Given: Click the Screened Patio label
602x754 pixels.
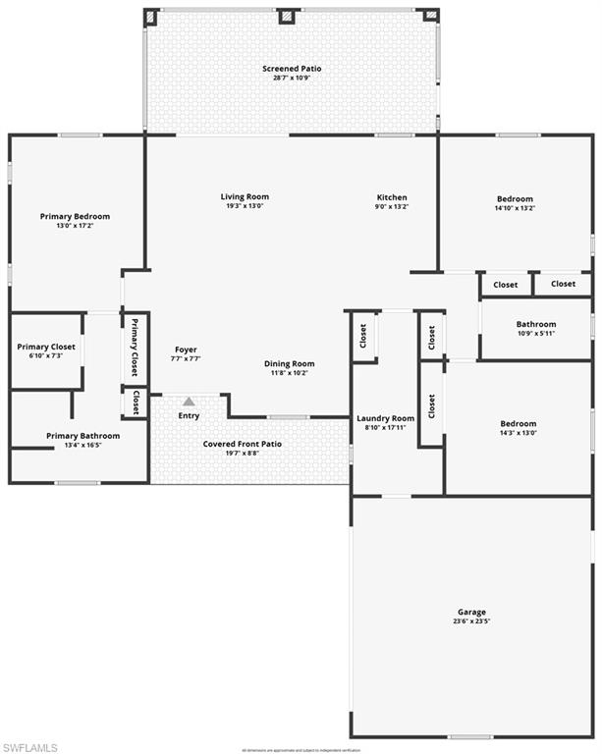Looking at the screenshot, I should pyautogui.click(x=292, y=69).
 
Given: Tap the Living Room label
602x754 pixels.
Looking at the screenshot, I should pyautogui.click(x=245, y=197).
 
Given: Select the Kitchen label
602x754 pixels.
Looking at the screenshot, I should pyautogui.click(x=392, y=197).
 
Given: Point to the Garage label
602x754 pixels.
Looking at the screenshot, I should pyautogui.click(x=471, y=612).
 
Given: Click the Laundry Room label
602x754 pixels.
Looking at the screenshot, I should pyautogui.click(x=385, y=418).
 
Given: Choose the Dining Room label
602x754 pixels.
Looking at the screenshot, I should pyautogui.click(x=290, y=364).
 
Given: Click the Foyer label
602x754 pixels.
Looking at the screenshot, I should pyautogui.click(x=186, y=350).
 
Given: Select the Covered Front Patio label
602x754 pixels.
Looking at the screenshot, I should pyautogui.click(x=243, y=444).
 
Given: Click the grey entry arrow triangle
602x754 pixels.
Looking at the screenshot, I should pyautogui.click(x=189, y=402).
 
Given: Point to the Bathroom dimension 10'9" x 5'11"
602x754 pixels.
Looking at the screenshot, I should pyautogui.click(x=536, y=334).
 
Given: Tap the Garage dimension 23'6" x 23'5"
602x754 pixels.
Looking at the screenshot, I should pyautogui.click(x=471, y=621).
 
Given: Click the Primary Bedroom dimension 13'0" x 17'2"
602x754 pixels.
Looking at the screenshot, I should pyautogui.click(x=75, y=226).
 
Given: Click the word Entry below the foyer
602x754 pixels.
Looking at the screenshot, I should pyautogui.click(x=189, y=415).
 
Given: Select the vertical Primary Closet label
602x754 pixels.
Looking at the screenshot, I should pyautogui.click(x=136, y=348).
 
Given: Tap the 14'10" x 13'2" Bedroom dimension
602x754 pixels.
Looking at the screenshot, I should pyautogui.click(x=515, y=208).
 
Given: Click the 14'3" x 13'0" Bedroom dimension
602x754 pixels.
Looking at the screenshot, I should pyautogui.click(x=518, y=433).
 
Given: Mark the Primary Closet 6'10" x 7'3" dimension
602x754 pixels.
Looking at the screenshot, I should pyautogui.click(x=47, y=355).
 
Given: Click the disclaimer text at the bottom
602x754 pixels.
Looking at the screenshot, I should pyautogui.click(x=301, y=749).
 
